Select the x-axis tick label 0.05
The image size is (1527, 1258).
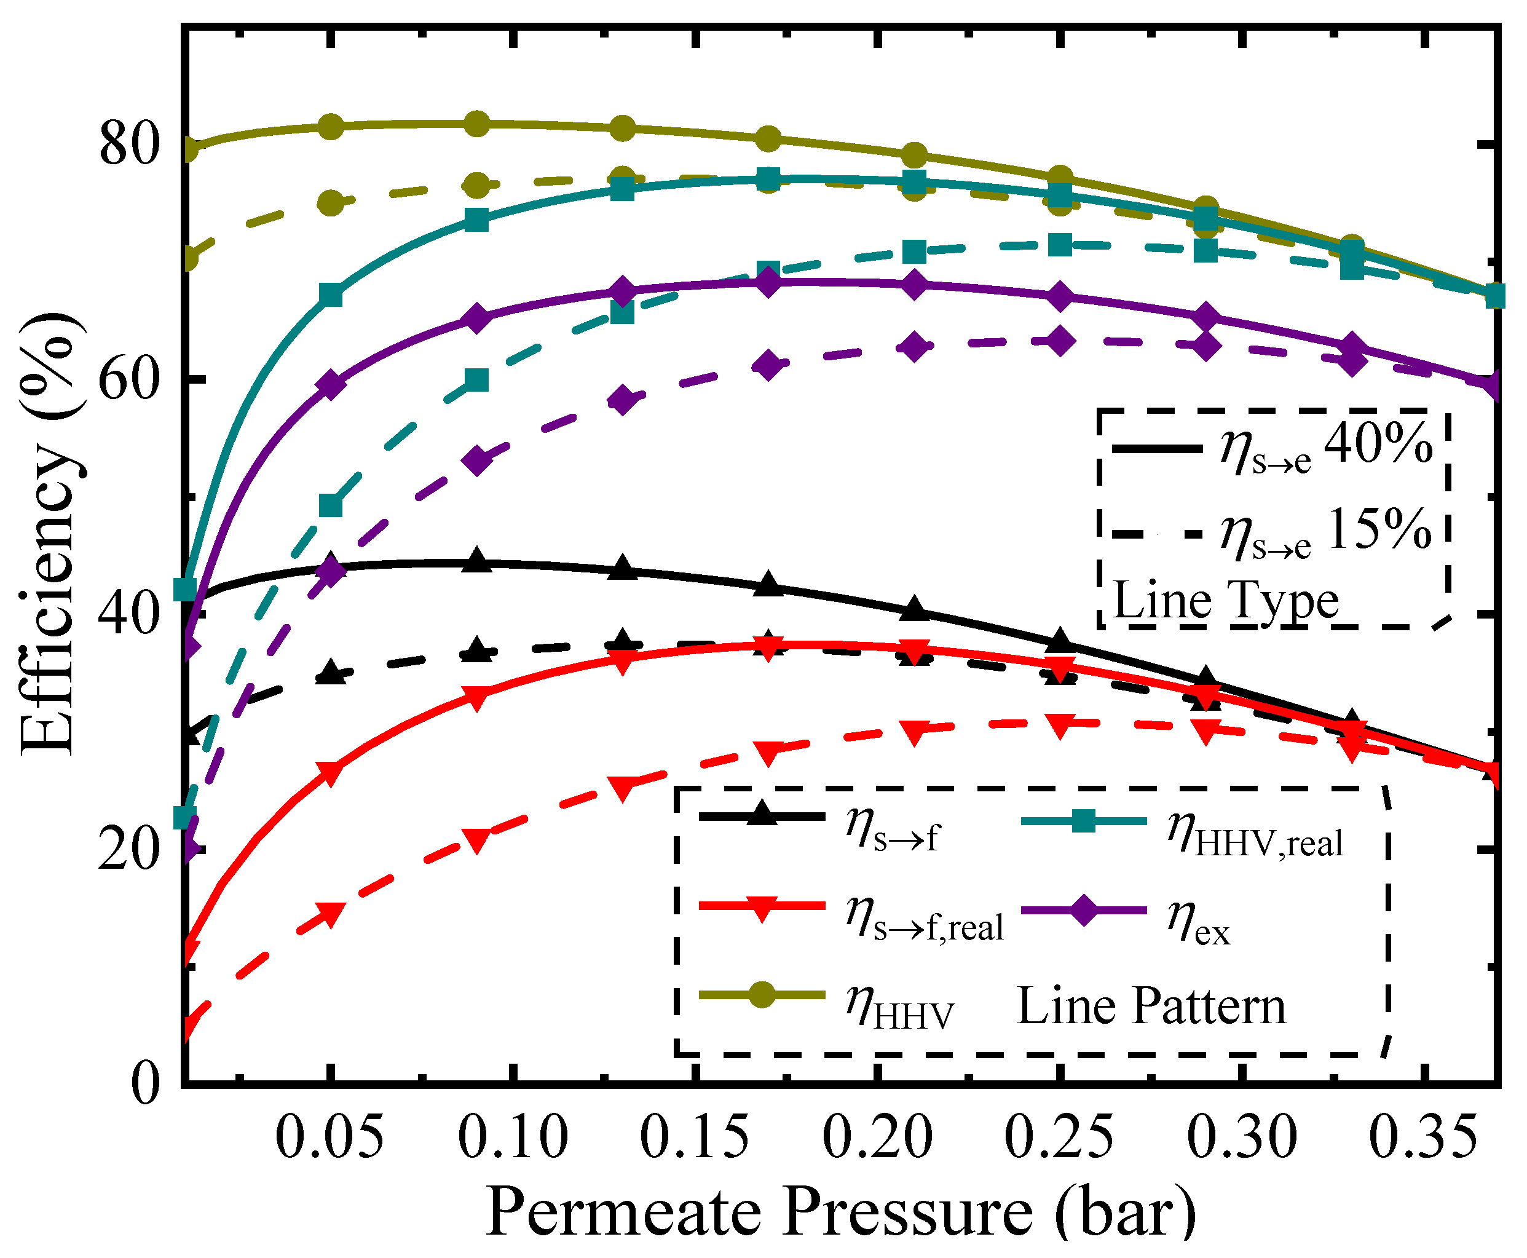(x=329, y=1137)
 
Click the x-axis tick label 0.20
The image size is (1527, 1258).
(x=877, y=1137)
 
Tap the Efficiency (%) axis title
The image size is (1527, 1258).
(x=49, y=535)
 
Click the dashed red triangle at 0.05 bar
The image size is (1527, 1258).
(x=330, y=914)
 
